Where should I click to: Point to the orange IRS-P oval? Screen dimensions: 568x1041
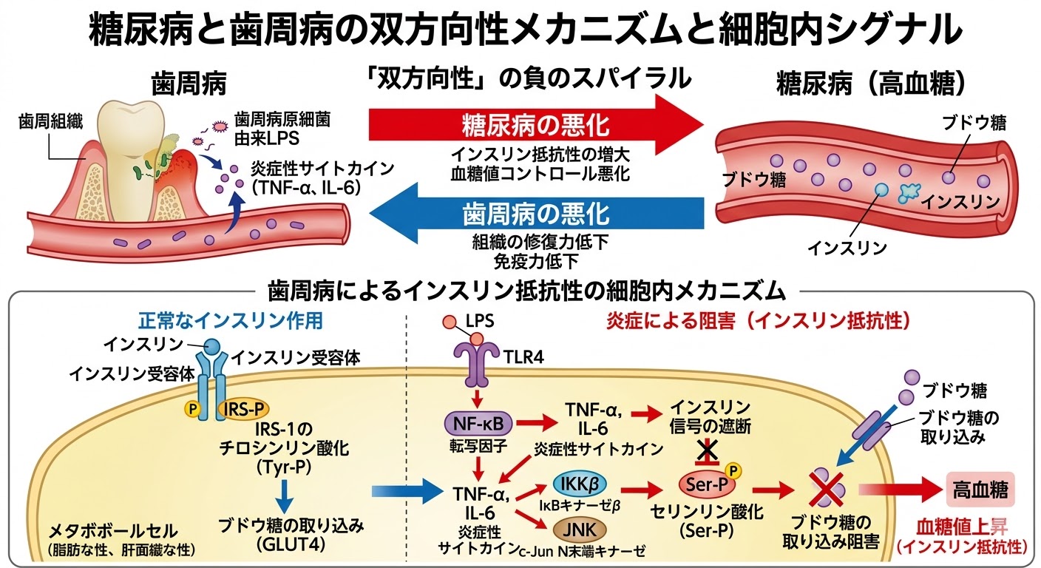[x=243, y=408]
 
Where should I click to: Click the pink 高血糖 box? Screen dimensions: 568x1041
[x=980, y=489]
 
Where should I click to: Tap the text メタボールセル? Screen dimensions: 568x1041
[x=113, y=530]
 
